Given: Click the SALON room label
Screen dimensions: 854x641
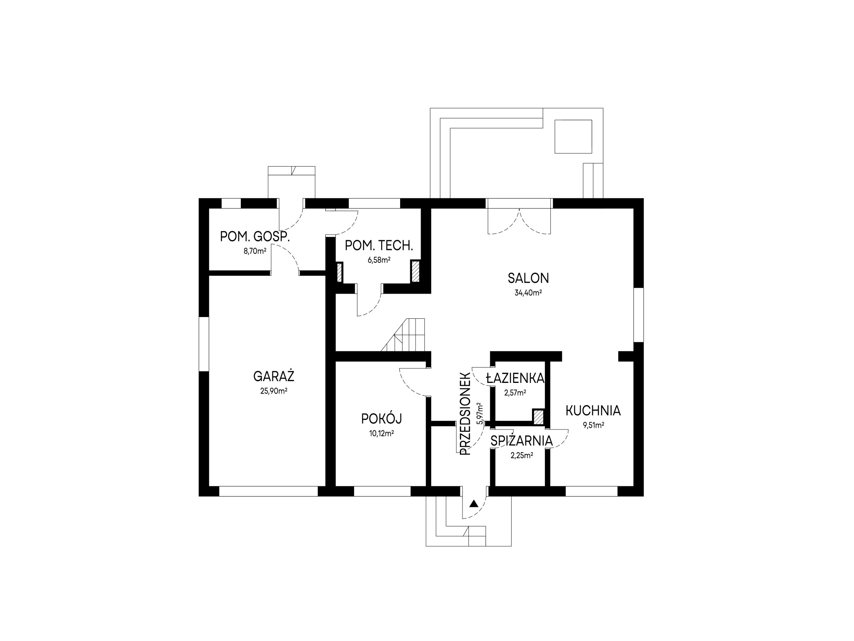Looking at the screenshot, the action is [x=528, y=278].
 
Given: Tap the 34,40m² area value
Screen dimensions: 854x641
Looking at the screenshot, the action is [x=528, y=293].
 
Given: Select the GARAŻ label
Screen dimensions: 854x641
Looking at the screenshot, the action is [x=274, y=376].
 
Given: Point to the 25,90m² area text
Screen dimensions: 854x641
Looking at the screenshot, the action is [x=274, y=391].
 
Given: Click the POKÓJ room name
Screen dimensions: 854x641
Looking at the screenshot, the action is [x=381, y=419].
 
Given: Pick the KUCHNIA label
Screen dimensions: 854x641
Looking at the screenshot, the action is [x=593, y=411].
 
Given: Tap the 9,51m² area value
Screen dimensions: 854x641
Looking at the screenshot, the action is [x=594, y=425].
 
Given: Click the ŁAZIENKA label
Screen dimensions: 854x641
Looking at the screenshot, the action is [x=515, y=378].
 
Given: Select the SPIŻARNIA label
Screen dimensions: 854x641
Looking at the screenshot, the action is [x=521, y=441].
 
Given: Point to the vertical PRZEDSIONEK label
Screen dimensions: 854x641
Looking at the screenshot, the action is [x=465, y=414].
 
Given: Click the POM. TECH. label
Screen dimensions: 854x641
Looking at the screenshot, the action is [x=379, y=246].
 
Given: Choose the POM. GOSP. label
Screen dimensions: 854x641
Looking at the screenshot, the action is [x=255, y=237].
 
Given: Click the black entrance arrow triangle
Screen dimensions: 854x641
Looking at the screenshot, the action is [x=473, y=503].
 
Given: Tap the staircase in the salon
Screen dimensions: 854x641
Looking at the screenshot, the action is [x=404, y=335].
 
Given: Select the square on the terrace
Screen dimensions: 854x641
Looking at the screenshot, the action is [x=573, y=137].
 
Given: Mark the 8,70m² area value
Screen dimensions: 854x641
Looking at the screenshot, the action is [x=255, y=251].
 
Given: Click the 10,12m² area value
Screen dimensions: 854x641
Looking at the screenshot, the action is [x=381, y=433].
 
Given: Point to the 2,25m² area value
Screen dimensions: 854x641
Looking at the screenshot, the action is [x=521, y=456].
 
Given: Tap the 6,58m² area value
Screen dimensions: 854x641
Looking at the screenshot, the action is [x=379, y=260].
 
